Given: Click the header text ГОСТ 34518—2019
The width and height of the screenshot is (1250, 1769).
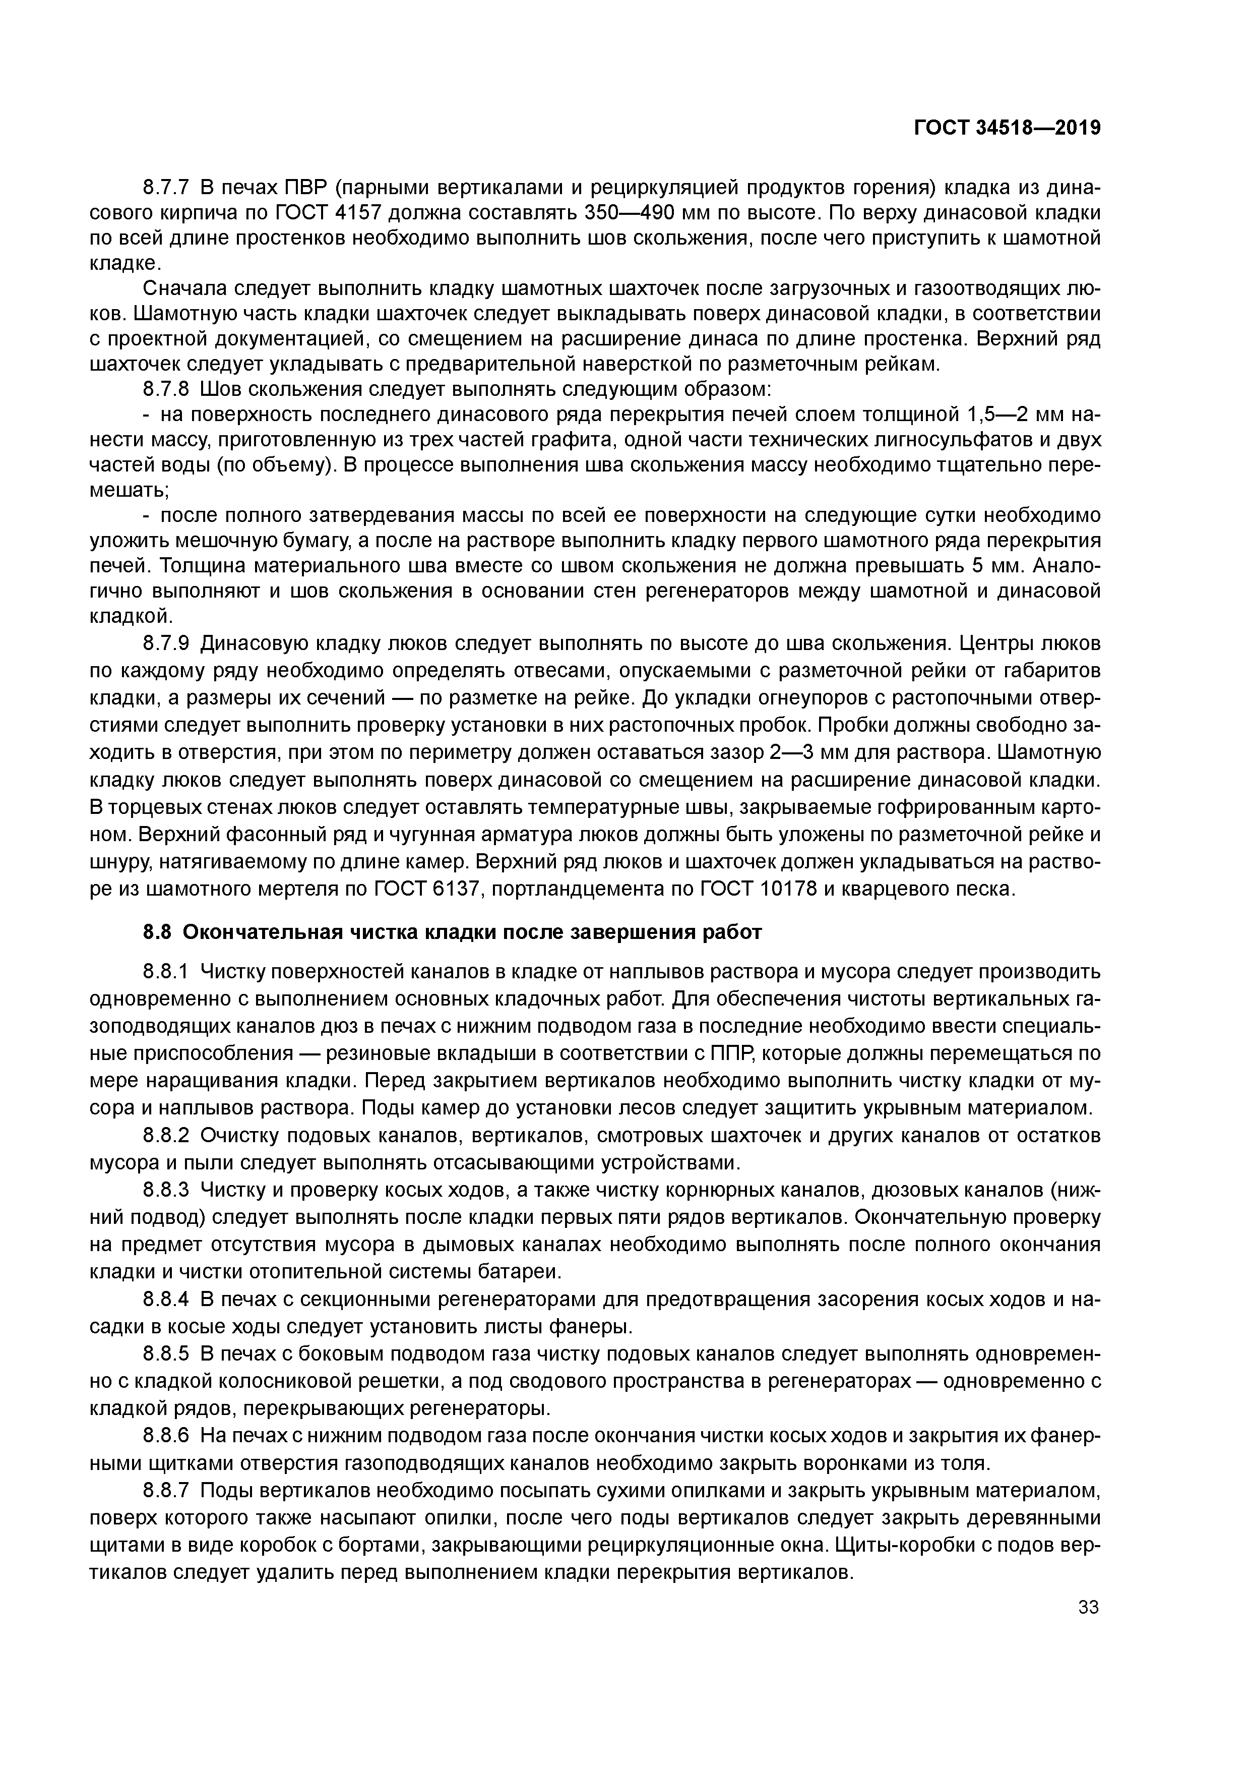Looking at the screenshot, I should point(1008,128).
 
